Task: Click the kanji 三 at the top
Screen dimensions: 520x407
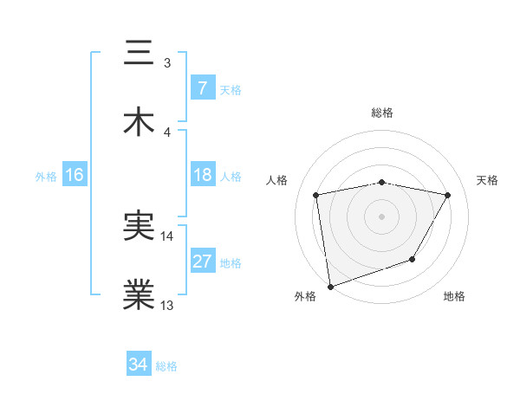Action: coord(140,52)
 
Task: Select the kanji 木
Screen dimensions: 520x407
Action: coord(140,122)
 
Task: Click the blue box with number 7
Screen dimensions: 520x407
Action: coord(202,88)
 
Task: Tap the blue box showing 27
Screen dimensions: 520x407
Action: coord(202,262)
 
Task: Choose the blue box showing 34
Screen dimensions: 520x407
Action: coord(138,365)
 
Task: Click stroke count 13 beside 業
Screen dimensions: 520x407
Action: coord(167,305)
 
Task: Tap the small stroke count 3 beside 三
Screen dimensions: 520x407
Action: coord(167,62)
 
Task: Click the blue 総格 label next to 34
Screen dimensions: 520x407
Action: coord(167,366)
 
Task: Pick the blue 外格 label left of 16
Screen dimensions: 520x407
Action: coord(46,177)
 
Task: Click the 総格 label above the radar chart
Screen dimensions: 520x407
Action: coord(382,113)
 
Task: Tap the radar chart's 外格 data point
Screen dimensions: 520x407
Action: coord(330,285)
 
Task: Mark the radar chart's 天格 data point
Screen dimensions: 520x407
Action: coord(448,196)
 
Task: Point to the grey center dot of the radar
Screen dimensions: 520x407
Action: coord(382,216)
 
